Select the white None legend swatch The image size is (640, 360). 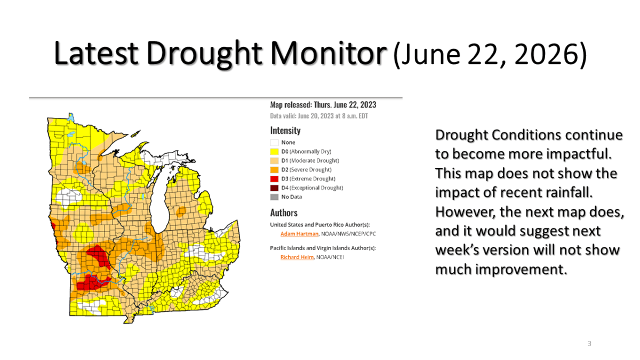[274, 142]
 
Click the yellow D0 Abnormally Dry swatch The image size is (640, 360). [274, 151]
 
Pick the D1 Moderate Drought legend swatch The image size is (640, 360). [274, 161]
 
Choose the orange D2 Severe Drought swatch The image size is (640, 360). [274, 170]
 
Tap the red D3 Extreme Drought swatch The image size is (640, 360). [274, 179]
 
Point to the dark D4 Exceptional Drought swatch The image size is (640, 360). [274, 188]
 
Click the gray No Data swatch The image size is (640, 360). [274, 197]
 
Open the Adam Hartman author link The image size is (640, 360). [299, 234]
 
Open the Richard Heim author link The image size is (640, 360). [297, 257]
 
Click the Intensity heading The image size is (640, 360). [285, 130]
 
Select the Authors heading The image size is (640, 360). [284, 213]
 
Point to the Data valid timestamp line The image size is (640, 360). [319, 116]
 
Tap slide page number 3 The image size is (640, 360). [589, 343]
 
